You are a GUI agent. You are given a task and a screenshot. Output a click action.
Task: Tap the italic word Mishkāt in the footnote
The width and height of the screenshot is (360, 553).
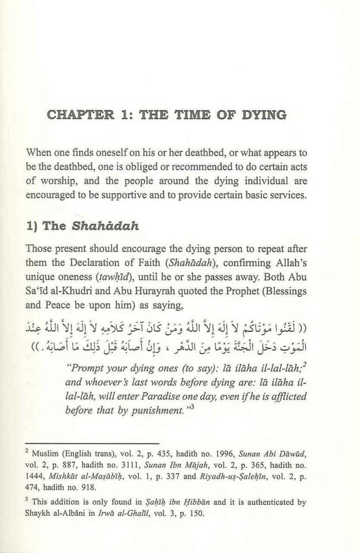click(x=97, y=485)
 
